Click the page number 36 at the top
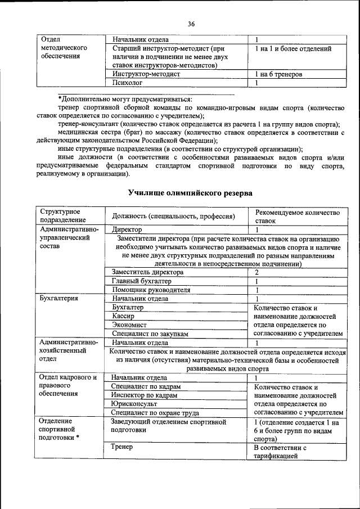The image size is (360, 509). coord(191,24)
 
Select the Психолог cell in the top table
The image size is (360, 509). coord(127,83)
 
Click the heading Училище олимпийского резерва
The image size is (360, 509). coord(190,193)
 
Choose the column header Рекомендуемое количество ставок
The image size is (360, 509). coord(298,216)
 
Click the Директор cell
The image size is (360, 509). coord(127,229)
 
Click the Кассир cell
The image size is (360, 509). coord(123,317)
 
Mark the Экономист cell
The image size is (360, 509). coord(129,325)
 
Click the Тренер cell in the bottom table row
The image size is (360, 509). coord(121,447)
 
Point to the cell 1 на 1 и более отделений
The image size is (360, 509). coord(292,49)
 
